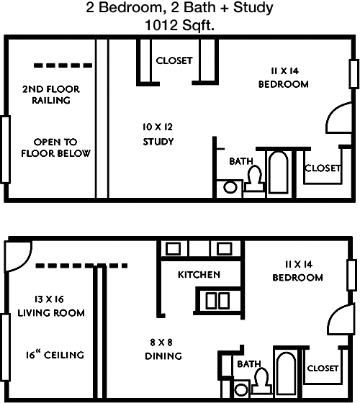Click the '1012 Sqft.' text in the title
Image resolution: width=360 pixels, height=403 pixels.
(x=179, y=24)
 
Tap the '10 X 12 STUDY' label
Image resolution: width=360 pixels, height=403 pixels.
(x=157, y=134)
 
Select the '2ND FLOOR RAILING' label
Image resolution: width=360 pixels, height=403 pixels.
(x=51, y=95)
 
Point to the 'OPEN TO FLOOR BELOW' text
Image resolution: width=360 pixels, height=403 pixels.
(x=55, y=148)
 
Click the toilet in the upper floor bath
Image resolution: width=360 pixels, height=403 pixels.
(x=253, y=179)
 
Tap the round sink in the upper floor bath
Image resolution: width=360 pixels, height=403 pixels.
(x=230, y=188)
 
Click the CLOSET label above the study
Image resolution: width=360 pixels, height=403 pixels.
(x=174, y=60)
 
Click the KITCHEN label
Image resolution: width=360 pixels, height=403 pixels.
(x=199, y=275)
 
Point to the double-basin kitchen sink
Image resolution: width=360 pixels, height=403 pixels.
(x=215, y=300)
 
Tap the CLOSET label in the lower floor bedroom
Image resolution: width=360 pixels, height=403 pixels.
(x=323, y=368)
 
